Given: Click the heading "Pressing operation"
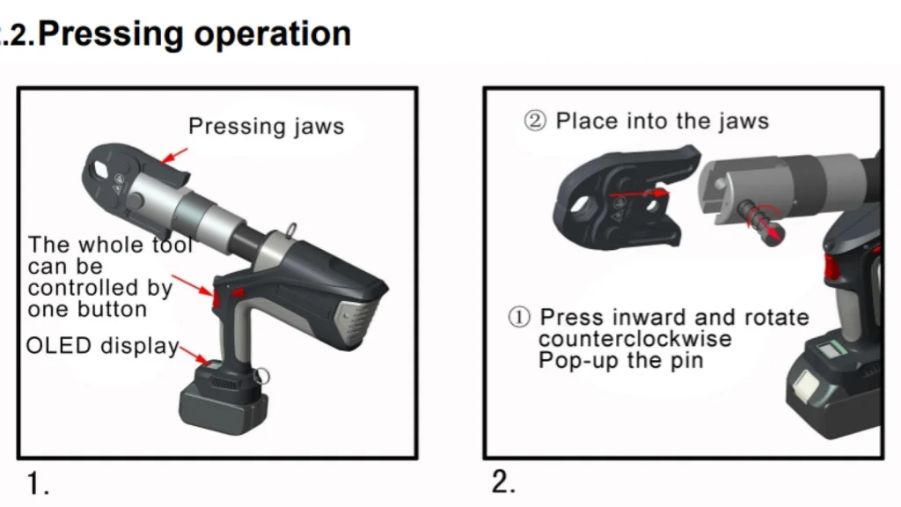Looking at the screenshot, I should (195, 33).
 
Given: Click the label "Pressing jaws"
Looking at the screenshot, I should (266, 127).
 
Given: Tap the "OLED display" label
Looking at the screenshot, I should (102, 346).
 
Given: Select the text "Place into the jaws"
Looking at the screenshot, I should (662, 121).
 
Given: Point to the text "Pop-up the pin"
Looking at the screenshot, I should (620, 361).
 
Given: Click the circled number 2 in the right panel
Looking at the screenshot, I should (535, 121).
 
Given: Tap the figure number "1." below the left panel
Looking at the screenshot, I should (38, 483).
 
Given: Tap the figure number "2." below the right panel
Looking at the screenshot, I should (503, 482).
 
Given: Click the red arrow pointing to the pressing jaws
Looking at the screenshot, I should (175, 157).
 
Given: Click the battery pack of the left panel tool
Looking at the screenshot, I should (224, 400).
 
